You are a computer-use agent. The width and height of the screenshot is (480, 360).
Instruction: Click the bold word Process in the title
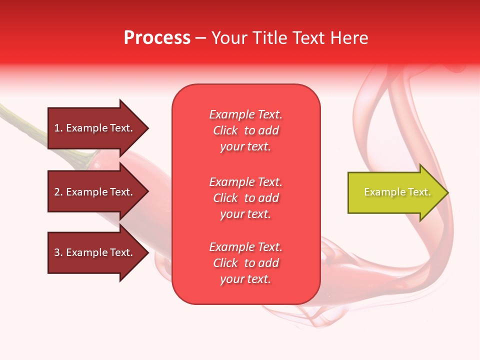[x=157, y=37]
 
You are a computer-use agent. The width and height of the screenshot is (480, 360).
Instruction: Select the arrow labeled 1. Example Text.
[x=95, y=128]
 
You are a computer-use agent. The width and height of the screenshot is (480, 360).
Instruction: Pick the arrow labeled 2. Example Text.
[x=95, y=192]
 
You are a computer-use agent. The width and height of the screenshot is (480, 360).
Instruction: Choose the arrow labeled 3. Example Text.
[x=95, y=252]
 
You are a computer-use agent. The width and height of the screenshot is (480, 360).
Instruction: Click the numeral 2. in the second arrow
[x=58, y=192]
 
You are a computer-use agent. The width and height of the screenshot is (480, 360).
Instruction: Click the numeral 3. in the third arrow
[x=58, y=252]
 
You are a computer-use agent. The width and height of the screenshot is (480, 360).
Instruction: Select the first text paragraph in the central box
[x=245, y=130]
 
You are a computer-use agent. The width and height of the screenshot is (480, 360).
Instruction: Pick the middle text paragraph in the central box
[x=245, y=198]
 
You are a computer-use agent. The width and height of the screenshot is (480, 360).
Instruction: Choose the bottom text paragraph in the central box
[x=245, y=263]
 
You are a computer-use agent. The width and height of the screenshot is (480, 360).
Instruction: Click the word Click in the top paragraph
[x=225, y=130]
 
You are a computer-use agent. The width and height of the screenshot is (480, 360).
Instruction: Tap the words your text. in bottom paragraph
[x=245, y=279]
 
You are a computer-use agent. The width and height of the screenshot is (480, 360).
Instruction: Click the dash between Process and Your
[x=200, y=37]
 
